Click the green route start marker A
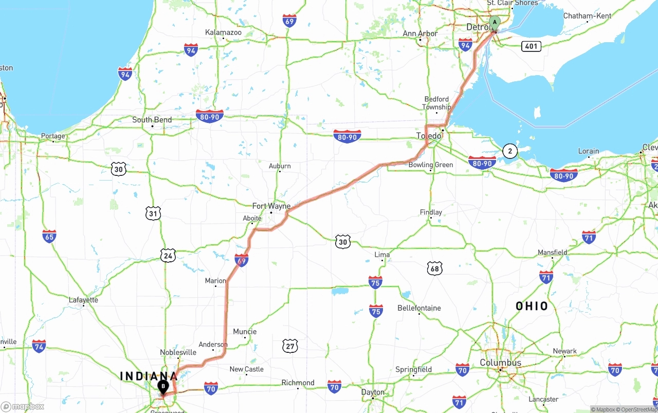click(495, 23)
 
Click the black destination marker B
click(163, 386)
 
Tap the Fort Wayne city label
click(271, 206)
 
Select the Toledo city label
click(429, 136)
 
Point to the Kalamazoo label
click(223, 32)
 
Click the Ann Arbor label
click(420, 33)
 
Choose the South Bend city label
click(152, 120)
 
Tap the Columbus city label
click(500, 363)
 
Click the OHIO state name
click(532, 307)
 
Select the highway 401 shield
click(531, 46)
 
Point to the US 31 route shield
click(153, 213)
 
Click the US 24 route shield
click(168, 256)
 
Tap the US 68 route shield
click(434, 268)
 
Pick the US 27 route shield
click(290, 346)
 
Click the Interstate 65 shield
click(49, 236)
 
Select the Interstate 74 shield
click(39, 346)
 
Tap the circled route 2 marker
click(509, 151)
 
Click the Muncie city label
click(245, 332)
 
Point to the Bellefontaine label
click(419, 308)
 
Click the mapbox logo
click(23, 406)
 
